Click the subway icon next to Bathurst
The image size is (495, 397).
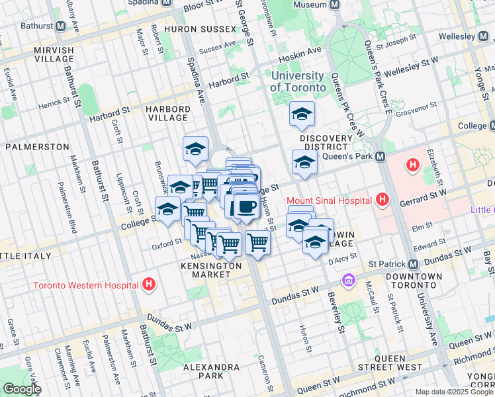coord(61,26)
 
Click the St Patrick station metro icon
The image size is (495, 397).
coord(414,264)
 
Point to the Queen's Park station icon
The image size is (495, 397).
coord(381,157)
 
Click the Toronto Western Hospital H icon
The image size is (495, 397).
coord(149,285)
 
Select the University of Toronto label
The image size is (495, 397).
coord(298,82)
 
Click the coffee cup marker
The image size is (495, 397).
coord(246,206)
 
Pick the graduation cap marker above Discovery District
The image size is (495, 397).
coord(302,114)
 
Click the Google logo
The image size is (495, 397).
coord(22,389)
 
